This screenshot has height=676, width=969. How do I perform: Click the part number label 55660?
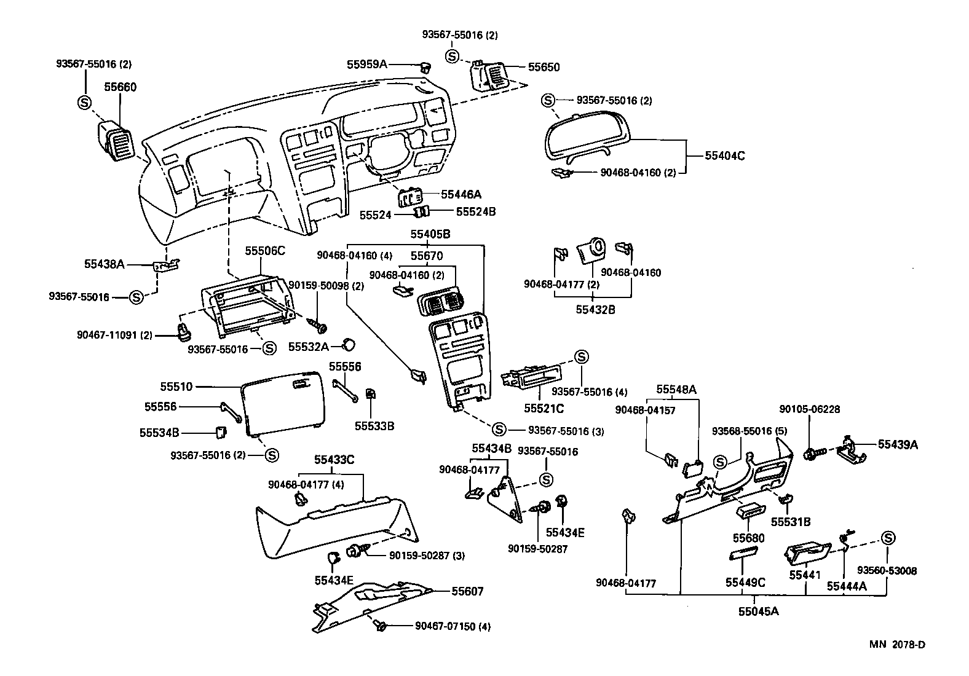120,87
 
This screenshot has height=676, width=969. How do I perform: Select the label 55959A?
367,64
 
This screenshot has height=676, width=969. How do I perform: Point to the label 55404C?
725,156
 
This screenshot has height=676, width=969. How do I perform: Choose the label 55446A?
461,194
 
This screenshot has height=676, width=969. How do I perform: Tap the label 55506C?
266,251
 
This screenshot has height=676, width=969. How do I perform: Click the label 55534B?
159,433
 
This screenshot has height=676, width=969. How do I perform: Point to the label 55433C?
334,460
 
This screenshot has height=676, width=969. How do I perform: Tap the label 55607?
467,591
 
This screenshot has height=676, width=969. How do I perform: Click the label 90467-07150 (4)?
453,626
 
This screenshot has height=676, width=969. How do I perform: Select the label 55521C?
544,409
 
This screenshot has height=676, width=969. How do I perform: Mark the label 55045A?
758,611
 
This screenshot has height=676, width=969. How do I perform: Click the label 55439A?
898,444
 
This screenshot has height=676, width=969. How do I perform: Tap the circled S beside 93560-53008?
888,538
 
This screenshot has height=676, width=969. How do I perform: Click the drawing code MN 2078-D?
897,644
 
